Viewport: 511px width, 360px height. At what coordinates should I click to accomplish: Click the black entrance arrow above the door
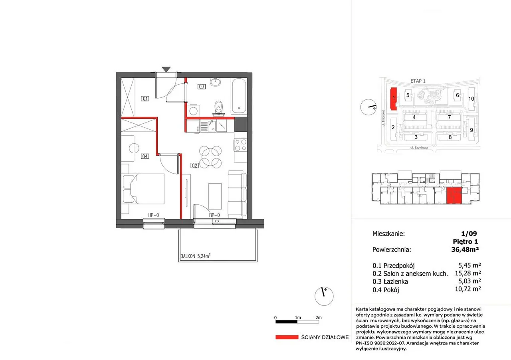pyautogui.click(x=166, y=69)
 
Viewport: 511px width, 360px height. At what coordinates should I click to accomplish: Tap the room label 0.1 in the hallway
pyautogui.click(x=145, y=99)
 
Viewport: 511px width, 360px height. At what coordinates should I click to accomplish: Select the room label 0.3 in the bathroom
pyautogui.click(x=202, y=87)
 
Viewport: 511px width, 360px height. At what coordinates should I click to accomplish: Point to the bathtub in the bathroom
pyautogui.click(x=239, y=96)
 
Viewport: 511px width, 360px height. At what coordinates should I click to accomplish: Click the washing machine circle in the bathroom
pyautogui.click(x=194, y=111)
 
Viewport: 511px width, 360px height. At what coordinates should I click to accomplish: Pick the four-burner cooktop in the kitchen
pyautogui.click(x=240, y=145)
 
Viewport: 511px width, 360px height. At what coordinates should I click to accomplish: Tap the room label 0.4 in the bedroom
pyautogui.click(x=145, y=156)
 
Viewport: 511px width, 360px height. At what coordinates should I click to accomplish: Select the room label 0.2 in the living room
pyautogui.click(x=194, y=166)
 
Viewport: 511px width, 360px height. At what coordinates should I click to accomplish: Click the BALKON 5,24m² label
pyautogui.click(x=195, y=256)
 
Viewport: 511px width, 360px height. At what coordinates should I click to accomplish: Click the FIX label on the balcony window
pyautogui.click(x=217, y=221)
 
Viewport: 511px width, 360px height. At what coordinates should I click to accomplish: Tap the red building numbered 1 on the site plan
pyautogui.click(x=394, y=99)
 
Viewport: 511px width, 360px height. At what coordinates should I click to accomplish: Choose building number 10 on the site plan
pyautogui.click(x=471, y=99)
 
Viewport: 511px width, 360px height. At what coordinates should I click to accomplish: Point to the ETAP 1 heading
pyautogui.click(x=418, y=81)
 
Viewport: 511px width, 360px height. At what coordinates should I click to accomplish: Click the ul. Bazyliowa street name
pyautogui.click(x=419, y=148)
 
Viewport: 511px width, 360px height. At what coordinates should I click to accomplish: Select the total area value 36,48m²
pyautogui.click(x=465, y=249)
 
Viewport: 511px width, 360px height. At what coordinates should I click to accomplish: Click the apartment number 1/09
pyautogui.click(x=469, y=233)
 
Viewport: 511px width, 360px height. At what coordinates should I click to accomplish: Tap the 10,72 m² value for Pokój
pyautogui.click(x=468, y=289)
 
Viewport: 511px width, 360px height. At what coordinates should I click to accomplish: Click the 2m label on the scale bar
pyautogui.click(x=319, y=318)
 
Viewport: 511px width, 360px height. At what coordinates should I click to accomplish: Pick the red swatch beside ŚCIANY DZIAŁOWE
pyautogui.click(x=287, y=337)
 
